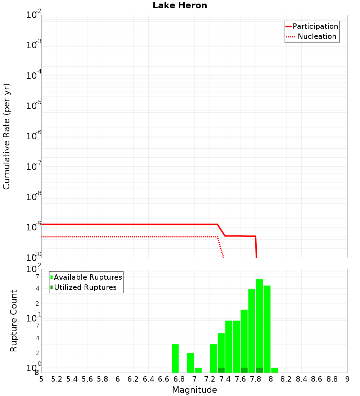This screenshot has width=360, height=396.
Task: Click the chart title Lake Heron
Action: coord(180,5)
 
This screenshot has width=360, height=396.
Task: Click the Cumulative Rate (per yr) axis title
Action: coord(6,136)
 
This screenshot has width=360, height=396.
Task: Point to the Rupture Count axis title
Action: coord(14,321)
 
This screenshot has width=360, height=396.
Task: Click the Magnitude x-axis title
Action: coord(194,390)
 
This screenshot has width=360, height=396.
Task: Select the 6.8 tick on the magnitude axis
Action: coord(179,379)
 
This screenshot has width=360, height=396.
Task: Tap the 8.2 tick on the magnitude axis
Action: coord(286,379)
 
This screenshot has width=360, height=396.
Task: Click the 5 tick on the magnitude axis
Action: coord(41,379)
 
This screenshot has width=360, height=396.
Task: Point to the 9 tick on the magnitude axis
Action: coord(347,379)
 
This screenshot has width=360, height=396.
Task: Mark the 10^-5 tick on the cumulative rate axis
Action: coord(34,106)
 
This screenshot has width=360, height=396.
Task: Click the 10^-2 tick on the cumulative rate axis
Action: coord(34,15)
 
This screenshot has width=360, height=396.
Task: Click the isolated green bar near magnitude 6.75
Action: coord(175,358)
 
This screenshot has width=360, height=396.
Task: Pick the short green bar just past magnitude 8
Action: coord(275,370)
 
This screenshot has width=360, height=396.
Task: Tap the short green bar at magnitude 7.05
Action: coord(198,370)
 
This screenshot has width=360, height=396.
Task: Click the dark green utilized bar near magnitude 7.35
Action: coord(221,370)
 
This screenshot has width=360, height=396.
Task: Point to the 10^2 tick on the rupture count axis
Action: coord(34,269)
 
